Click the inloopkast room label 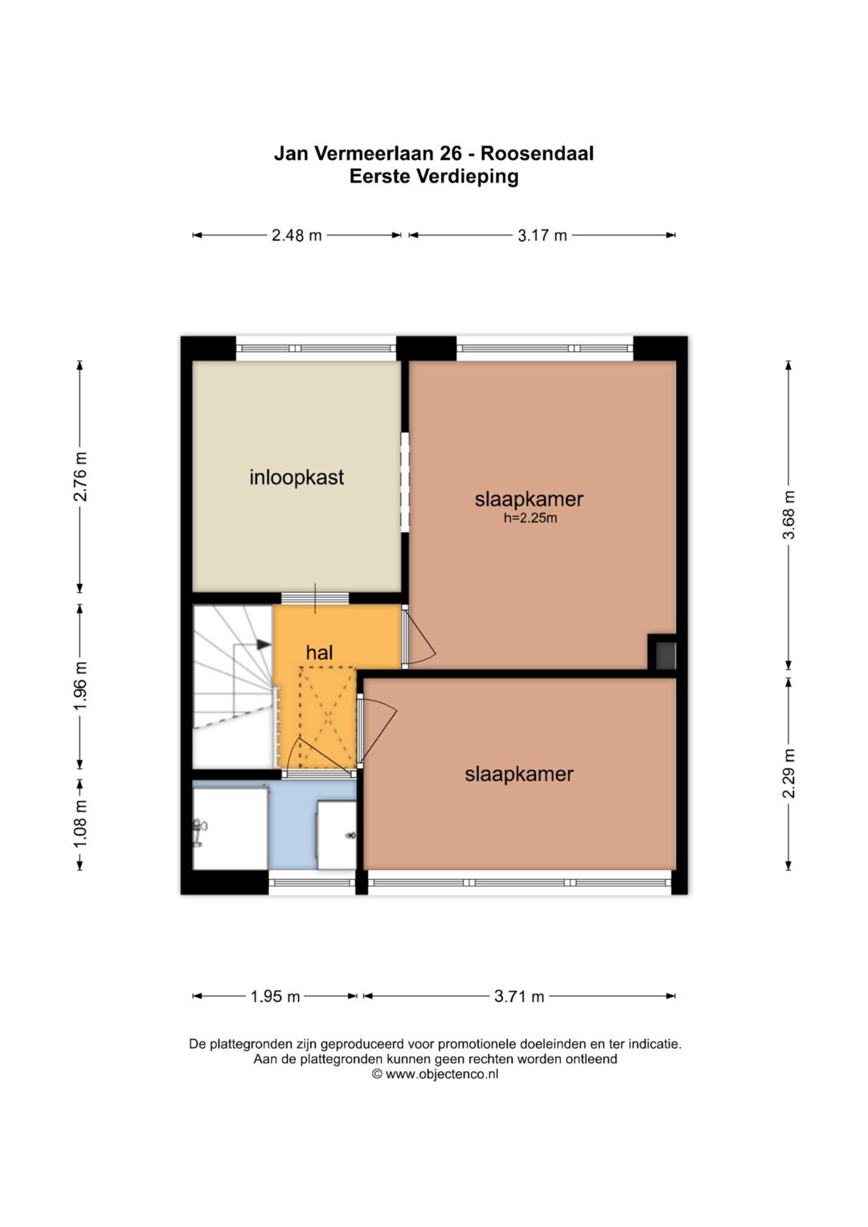[x=297, y=477]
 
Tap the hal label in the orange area [x=319, y=652]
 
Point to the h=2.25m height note [x=530, y=517]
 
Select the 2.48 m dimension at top [x=297, y=235]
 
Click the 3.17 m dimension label [x=542, y=235]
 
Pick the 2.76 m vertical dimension [x=80, y=477]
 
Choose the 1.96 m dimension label [x=80, y=685]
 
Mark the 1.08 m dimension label [x=80, y=824]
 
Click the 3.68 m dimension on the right [x=788, y=515]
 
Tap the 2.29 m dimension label [x=788, y=774]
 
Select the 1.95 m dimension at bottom [x=275, y=996]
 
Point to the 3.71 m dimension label [x=519, y=996]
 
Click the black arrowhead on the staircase [x=264, y=644]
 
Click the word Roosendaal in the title [x=537, y=153]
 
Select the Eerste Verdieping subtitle [x=434, y=177]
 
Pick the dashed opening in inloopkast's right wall [x=405, y=482]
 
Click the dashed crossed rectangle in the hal [x=328, y=717]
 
